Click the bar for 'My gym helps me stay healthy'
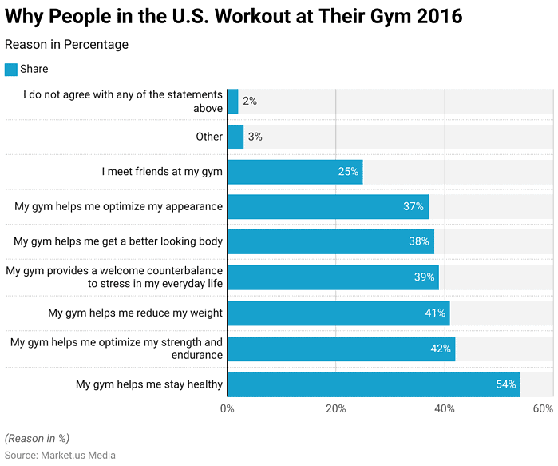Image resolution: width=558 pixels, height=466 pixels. click(x=374, y=384)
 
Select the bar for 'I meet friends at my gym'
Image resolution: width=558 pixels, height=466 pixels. click(x=295, y=172)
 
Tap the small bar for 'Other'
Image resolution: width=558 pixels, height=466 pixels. click(x=235, y=137)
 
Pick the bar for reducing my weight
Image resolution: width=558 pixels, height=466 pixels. click(x=338, y=313)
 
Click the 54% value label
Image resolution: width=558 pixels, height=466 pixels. click(x=506, y=384)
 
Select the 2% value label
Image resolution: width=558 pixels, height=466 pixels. click(x=250, y=102)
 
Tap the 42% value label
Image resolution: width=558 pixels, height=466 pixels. click(x=441, y=349)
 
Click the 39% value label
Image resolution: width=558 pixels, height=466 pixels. click(x=425, y=278)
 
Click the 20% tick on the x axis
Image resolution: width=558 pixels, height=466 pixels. click(x=336, y=409)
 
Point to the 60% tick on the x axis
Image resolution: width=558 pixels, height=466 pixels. click(x=543, y=409)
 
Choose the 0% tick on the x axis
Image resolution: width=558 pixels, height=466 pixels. click(x=228, y=409)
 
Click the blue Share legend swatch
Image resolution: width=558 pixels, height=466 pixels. click(x=11, y=70)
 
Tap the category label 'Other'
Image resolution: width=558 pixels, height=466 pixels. click(x=209, y=137)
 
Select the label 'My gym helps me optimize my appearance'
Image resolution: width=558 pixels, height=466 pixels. click(x=118, y=207)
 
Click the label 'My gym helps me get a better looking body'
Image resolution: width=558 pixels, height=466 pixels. click(x=118, y=242)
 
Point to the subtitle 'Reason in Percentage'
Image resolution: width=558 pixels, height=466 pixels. click(x=66, y=45)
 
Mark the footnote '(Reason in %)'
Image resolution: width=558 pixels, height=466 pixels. click(x=37, y=438)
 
